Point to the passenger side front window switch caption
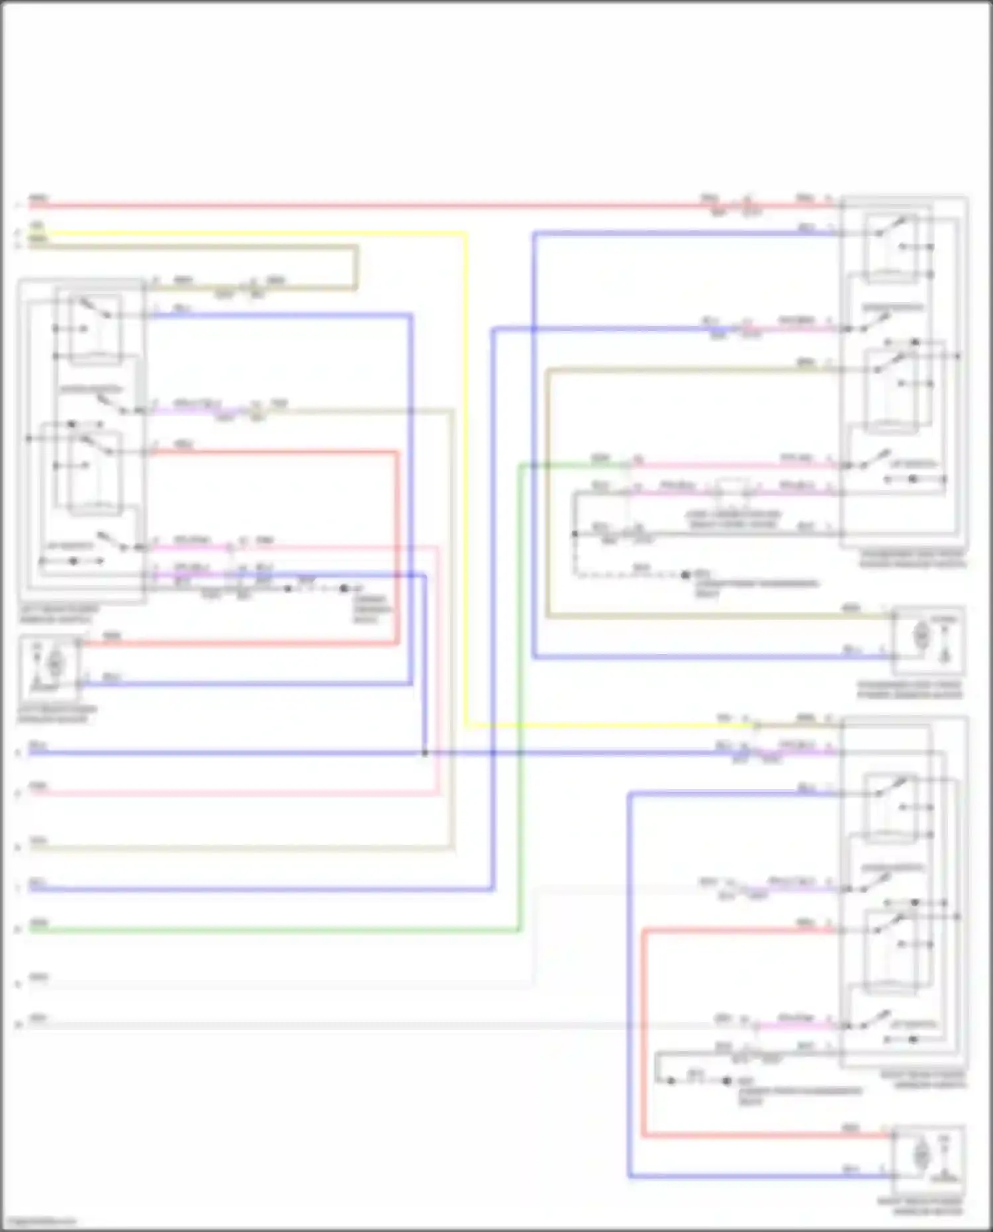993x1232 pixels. coord(912,559)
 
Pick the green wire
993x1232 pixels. coord(520,728)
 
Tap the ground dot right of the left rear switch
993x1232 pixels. coord(344,588)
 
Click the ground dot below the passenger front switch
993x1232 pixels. coord(686,575)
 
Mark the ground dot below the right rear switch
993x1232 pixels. coord(726,1081)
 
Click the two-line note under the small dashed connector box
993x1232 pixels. coord(733,519)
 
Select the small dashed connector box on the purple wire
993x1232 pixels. coord(733,488)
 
